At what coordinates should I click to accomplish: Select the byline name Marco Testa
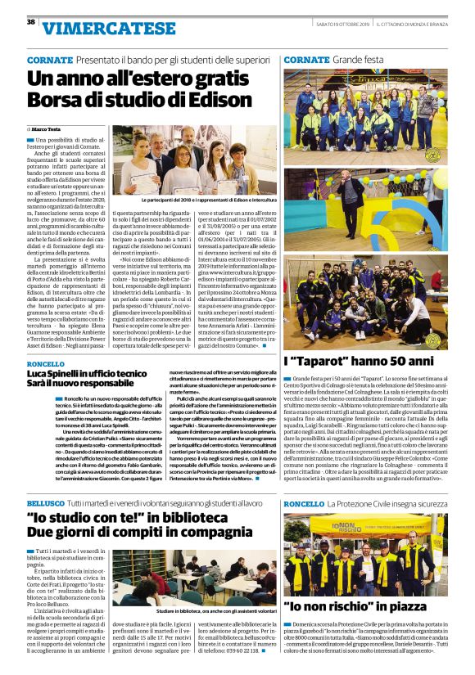[x=51, y=129]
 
